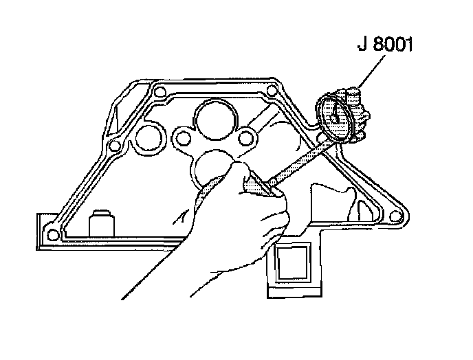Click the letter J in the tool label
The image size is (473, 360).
pos(362,47)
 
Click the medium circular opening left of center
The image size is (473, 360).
pos(148,139)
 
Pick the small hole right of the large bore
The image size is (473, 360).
pos(245,139)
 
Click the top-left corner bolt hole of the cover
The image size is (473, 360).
pos(159,93)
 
